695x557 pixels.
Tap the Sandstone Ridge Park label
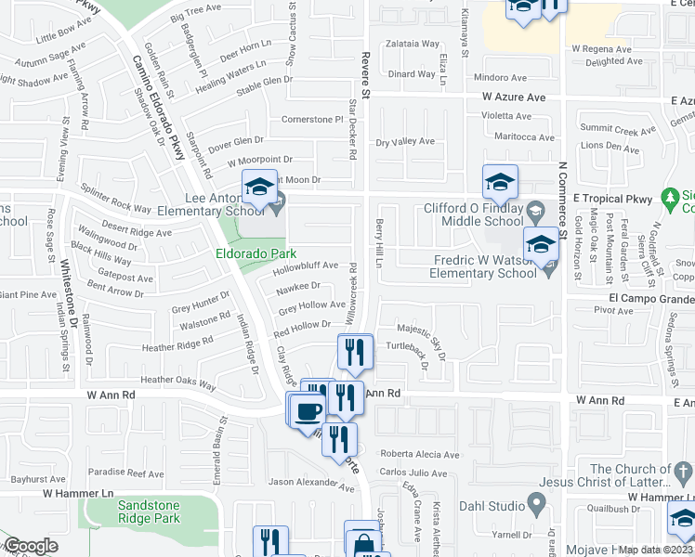coord(149,512)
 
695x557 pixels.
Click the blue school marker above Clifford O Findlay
coord(500,182)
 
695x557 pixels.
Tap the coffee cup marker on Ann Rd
coord(307,409)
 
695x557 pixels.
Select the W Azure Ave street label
coord(513,97)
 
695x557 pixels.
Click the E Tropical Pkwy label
coord(614,199)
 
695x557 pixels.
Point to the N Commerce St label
coord(561,196)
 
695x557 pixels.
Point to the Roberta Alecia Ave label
coord(419,455)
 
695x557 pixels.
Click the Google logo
coord(32,546)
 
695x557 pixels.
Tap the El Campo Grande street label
coord(651,299)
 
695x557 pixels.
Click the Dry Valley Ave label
coord(405,142)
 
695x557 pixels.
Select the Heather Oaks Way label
coord(177,380)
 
